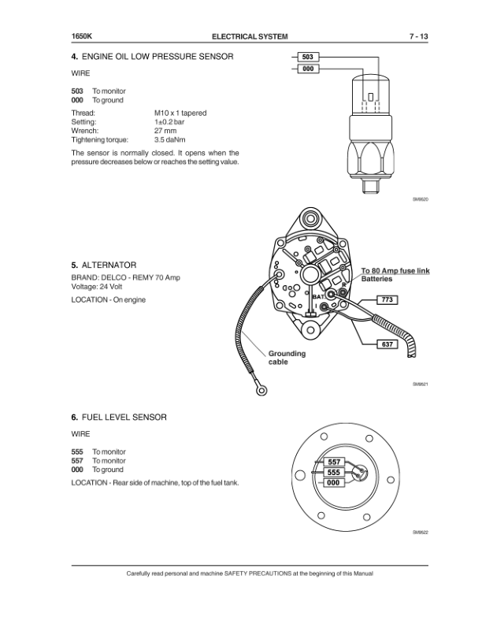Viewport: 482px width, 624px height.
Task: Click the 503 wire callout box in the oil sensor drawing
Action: (308, 58)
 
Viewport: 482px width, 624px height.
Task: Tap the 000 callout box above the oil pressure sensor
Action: (308, 70)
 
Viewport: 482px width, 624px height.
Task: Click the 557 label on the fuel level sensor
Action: (333, 462)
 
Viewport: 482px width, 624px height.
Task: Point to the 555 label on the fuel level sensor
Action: (333, 472)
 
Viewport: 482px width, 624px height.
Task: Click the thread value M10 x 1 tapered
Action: (180, 113)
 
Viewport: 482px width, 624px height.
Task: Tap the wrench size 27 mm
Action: (164, 131)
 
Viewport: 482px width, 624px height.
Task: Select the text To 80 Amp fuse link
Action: (395, 271)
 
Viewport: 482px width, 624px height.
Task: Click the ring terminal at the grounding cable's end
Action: (259, 388)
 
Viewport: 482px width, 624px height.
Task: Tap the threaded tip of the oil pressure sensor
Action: (367, 186)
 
